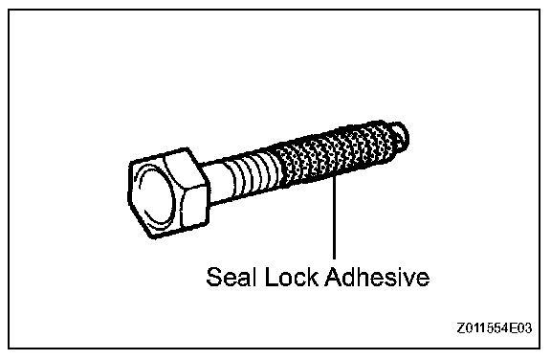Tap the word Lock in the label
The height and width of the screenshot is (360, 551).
(x=292, y=277)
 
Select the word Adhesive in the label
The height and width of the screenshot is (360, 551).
(x=377, y=277)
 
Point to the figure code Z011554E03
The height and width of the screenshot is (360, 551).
(x=495, y=328)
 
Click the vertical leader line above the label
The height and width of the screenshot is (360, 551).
(x=334, y=217)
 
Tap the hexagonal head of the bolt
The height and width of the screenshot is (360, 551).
(x=168, y=193)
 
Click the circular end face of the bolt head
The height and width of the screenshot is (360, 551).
(x=155, y=197)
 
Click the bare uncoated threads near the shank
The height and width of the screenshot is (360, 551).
(x=252, y=175)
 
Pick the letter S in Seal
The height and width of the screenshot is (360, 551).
(x=214, y=277)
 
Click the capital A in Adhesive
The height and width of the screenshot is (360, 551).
(x=334, y=277)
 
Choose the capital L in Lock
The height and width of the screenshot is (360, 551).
(x=271, y=277)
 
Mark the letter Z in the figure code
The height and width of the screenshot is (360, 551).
(x=460, y=328)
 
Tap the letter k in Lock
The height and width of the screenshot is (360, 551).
(x=313, y=277)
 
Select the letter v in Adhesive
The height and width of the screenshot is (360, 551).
(x=410, y=280)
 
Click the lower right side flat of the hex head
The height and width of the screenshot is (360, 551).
(x=195, y=208)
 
